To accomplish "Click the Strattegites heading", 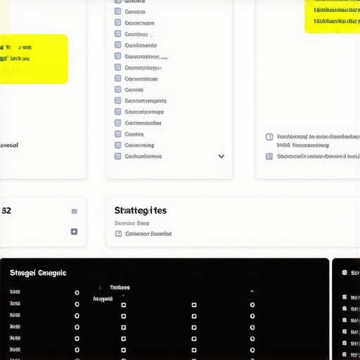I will [141, 210].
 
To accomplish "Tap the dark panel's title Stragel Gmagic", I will [38, 272].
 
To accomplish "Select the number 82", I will [6, 210].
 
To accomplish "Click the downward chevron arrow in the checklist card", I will [221, 156].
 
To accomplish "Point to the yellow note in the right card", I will [333, 15].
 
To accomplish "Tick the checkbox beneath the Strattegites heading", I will [118, 233].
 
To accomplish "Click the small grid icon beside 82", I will [74, 211].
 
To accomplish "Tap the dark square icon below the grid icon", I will [74, 231].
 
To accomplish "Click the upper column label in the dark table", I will [120, 288].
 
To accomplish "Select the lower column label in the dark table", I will [103, 299].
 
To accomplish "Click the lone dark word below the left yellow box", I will [9, 146].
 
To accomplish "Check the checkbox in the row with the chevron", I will [118, 156].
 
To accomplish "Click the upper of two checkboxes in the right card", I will [269, 137].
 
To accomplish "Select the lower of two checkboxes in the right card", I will [269, 156].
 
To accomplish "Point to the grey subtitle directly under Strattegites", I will [132, 223].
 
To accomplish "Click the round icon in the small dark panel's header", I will [345, 272].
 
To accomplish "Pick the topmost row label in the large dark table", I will [15, 292].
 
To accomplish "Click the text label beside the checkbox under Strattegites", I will [148, 233].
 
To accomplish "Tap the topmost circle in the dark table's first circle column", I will [77, 292].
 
